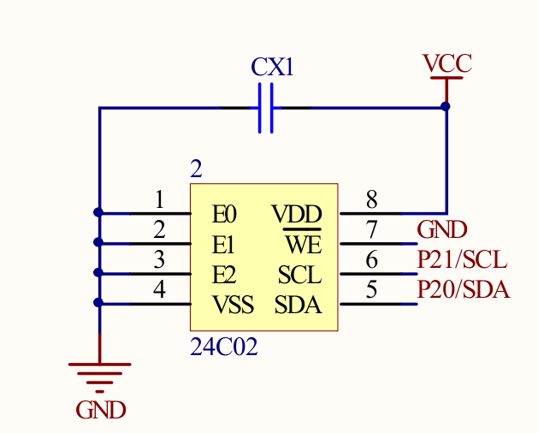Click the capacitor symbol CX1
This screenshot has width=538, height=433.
[265, 108]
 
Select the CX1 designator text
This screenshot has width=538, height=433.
[272, 68]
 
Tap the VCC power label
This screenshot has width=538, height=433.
[446, 63]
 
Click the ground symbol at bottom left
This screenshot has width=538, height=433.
[99, 373]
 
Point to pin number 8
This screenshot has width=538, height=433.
[371, 200]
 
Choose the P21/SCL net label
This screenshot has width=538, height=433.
[461, 259]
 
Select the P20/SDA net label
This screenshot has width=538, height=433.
[463, 290]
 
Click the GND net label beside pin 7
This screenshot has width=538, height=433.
[441, 229]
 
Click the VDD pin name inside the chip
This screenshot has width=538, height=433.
[297, 213]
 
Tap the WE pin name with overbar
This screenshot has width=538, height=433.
[303, 245]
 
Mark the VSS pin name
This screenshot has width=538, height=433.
[233, 305]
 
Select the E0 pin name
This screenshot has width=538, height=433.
[224, 213]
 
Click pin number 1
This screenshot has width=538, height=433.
[159, 200]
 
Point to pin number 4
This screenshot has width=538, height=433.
[159, 290]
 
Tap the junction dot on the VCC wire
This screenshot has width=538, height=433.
[446, 106]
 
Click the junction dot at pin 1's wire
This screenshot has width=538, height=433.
[99, 212]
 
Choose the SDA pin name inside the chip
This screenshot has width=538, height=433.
[298, 305]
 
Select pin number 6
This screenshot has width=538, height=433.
[371, 260]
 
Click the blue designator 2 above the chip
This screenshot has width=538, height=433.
[197, 169]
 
